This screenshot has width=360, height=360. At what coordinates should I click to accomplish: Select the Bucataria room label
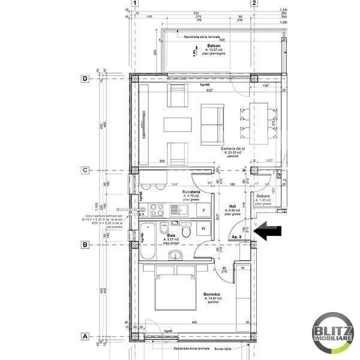191,192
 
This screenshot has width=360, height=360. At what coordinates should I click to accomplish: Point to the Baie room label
171,236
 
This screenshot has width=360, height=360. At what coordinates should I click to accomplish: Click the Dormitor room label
213,294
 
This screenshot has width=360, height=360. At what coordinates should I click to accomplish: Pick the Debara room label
262,196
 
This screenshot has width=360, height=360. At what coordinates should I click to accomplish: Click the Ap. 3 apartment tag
236,238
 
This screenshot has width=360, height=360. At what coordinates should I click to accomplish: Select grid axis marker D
86,79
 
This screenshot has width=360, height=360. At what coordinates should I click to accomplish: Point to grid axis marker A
86,336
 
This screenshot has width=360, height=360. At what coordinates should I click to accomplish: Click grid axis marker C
86,170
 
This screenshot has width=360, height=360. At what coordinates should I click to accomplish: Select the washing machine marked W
203,228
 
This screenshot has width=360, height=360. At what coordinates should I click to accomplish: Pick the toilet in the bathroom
188,230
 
